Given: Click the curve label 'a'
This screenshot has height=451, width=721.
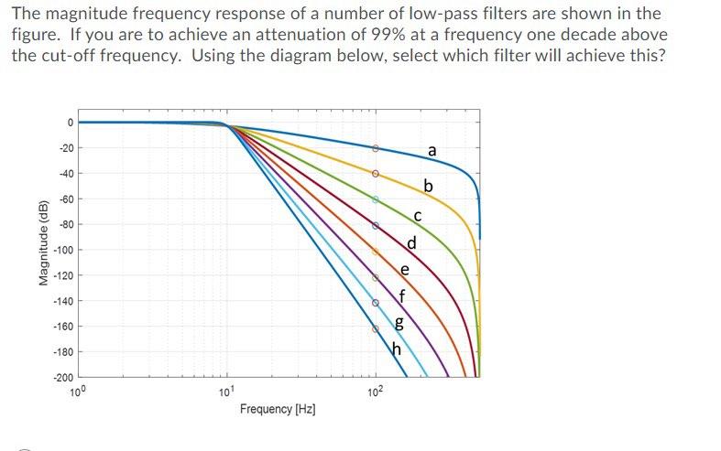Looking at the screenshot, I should click(432, 150).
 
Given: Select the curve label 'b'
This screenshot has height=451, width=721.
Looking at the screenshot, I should click(427, 188).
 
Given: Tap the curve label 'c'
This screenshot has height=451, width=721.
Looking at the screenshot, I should click(417, 216).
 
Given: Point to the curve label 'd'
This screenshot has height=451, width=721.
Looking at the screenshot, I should click(411, 243).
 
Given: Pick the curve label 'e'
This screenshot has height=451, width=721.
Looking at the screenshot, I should click(405, 270).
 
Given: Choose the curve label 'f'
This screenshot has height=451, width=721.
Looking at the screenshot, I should click(400, 295).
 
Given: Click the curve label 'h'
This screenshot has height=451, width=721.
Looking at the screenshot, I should click(397, 349).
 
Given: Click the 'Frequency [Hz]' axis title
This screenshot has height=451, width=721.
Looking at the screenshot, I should click(278, 409).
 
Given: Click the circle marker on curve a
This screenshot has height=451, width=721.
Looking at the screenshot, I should click(375, 147).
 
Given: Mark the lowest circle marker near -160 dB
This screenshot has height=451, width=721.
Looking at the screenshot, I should click(375, 328).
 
